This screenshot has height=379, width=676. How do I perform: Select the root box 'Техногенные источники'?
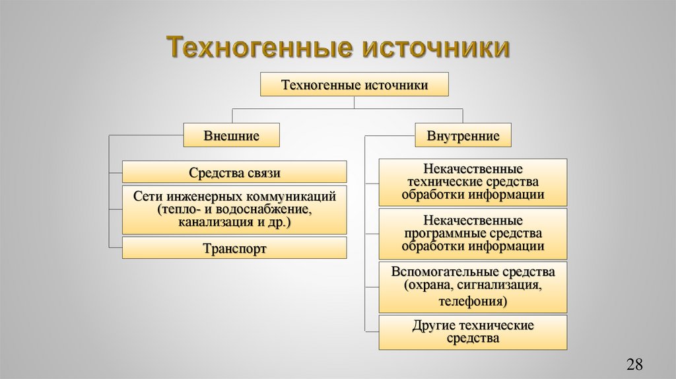point(355,85)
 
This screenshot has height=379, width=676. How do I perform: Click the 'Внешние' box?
point(231,136)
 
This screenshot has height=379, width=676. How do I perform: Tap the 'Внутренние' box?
point(463,136)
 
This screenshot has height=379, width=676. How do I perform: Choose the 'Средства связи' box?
point(234,173)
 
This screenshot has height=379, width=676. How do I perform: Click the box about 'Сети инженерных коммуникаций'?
point(234,209)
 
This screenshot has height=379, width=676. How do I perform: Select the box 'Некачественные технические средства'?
point(472,182)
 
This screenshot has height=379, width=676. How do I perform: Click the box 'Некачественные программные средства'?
point(472,233)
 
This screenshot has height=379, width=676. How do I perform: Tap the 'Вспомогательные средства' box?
point(472,287)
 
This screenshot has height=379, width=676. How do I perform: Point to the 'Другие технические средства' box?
point(472,332)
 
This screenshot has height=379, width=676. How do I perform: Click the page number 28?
point(634,364)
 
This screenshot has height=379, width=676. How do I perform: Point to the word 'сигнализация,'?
point(504,287)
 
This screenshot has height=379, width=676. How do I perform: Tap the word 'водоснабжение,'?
point(265,210)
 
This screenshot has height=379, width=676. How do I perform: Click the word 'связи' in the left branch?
point(263,173)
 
